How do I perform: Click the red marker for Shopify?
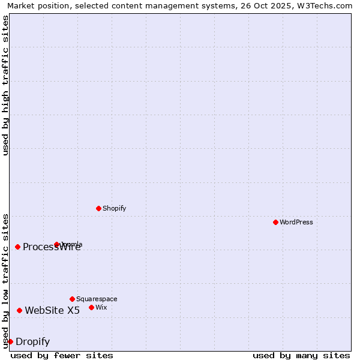(98, 208)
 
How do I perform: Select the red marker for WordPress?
(275, 222)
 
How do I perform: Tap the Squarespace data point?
(72, 299)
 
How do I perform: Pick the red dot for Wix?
(91, 307)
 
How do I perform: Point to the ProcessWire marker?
(17, 247)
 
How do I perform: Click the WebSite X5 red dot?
(19, 310)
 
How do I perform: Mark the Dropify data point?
(10, 341)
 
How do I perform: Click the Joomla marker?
(57, 244)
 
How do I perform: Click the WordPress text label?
(296, 222)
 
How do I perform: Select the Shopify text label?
(114, 208)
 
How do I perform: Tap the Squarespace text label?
(97, 299)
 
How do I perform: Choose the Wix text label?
(101, 307)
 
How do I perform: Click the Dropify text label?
(32, 342)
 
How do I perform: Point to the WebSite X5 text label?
(52, 310)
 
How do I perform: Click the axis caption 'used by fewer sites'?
(62, 355)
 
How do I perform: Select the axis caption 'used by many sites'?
(301, 355)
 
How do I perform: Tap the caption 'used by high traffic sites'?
(5, 85)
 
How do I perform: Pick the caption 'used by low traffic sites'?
(5, 281)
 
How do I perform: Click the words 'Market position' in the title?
(35, 5)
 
